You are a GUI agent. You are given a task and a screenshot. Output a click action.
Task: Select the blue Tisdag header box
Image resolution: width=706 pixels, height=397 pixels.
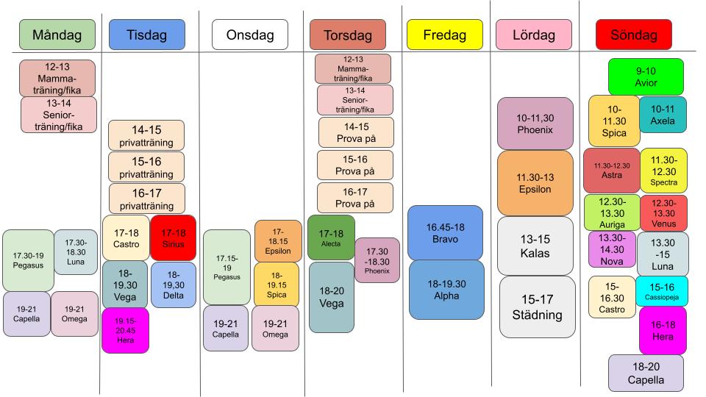pos(146,35)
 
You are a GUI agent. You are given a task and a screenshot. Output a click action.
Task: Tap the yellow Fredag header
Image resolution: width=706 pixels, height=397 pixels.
pos(444,35)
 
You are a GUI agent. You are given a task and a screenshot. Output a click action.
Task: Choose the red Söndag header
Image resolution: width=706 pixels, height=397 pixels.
pos(633,35)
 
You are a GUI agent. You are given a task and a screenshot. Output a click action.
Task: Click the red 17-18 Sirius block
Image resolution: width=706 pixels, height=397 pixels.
pos(174,238)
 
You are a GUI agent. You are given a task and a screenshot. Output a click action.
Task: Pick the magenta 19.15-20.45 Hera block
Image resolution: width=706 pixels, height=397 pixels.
pos(125,331)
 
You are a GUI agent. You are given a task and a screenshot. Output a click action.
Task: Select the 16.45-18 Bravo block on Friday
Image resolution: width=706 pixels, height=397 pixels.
pos(446,232)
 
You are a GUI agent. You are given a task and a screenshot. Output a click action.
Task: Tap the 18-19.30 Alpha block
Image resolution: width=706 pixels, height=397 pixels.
pos(446,290)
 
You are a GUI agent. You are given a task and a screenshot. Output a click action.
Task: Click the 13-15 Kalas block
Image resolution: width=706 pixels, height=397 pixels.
pos(535,246)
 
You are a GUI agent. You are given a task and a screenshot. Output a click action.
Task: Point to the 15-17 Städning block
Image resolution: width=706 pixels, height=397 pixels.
pos(538,307)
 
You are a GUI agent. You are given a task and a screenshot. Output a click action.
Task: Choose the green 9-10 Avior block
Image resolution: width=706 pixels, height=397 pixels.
pos(646,76)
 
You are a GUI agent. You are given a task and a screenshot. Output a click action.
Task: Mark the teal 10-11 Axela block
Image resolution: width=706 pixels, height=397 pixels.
pos(663,115)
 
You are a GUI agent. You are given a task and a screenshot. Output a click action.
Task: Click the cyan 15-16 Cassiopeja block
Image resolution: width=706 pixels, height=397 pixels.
pos(663,291)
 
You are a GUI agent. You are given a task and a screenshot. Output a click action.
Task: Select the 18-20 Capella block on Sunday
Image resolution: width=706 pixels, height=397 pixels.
pos(646,373)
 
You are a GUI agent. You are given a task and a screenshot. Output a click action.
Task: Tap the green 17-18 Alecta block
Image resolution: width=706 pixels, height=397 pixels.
pos(331,237)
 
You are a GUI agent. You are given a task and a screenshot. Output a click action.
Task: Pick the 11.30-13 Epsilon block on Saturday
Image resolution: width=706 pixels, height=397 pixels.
pos(535,183)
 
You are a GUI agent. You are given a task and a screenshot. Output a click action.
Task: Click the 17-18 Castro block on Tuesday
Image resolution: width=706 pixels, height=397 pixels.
pos(126,238)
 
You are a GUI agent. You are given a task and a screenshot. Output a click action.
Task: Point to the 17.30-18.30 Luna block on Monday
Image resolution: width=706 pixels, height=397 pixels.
pos(76,251)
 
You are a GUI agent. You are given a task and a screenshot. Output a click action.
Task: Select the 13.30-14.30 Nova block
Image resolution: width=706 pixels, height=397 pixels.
pos(612,249)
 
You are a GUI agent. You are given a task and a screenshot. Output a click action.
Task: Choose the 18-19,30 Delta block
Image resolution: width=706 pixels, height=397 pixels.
pos(174,285)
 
